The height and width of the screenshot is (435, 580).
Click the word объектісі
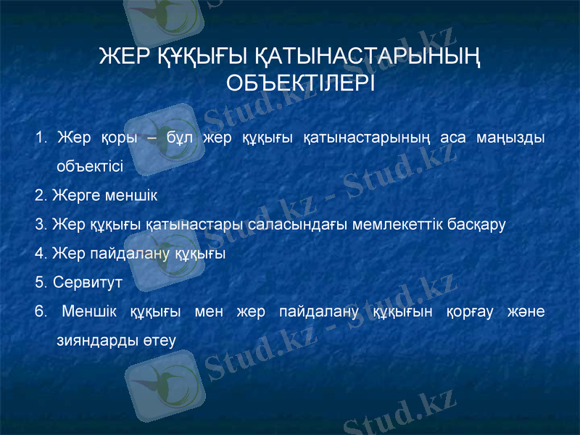point(89,166)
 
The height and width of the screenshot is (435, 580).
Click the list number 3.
point(40,224)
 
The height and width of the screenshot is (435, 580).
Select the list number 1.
point(39,138)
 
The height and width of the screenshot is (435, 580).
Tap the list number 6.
point(40,312)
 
